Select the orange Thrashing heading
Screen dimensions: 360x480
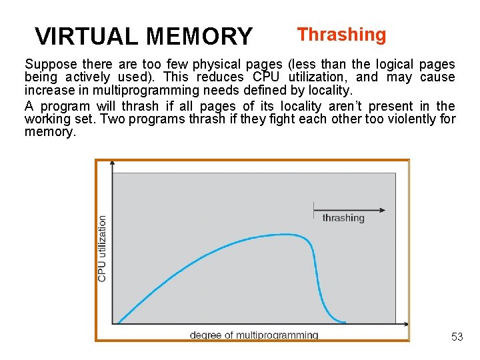point(341,35)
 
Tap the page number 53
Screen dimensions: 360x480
point(457,337)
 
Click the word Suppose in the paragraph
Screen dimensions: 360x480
point(50,65)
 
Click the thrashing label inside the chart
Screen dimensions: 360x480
point(343,218)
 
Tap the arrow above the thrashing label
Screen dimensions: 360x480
point(349,209)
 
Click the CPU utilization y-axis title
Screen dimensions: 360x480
point(103,247)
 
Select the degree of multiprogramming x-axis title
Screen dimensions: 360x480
point(254,335)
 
